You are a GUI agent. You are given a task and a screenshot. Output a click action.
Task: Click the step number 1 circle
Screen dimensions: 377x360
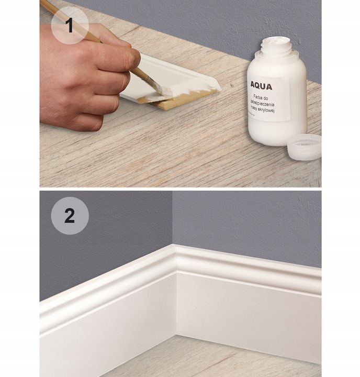[x=70, y=25]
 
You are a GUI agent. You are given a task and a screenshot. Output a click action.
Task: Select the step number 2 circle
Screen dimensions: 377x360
[x=70, y=216]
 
